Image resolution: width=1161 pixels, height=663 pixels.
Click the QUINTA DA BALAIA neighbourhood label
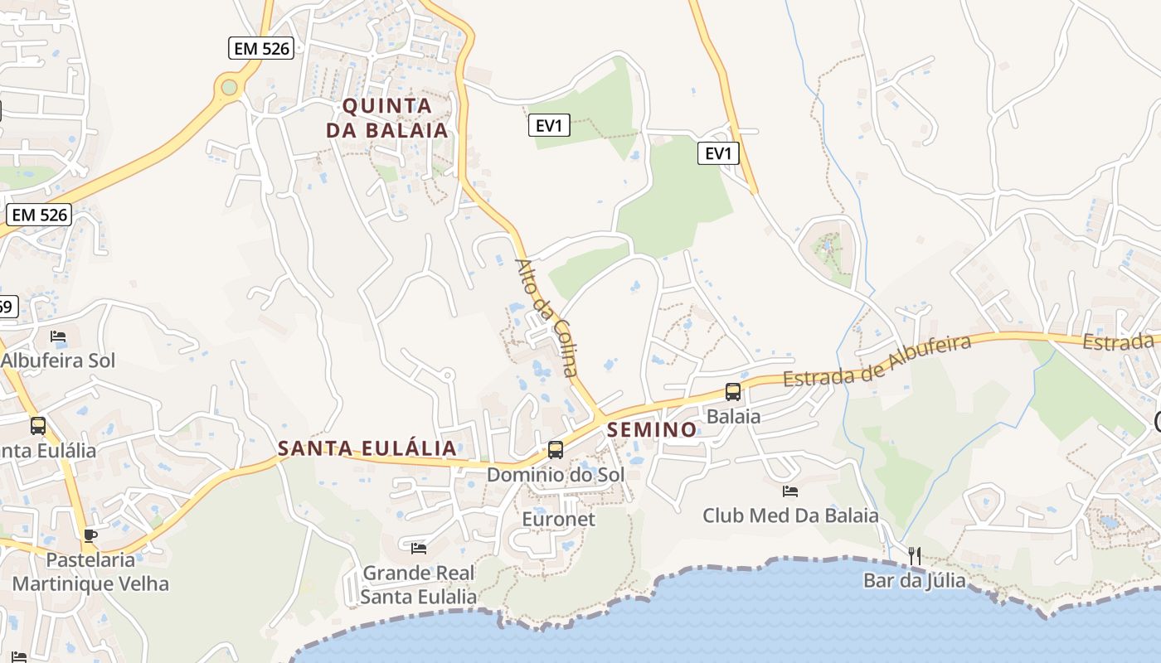(387, 118)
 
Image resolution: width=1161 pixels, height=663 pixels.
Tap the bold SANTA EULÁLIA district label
(367, 448)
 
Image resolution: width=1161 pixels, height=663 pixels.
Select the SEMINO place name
(652, 429)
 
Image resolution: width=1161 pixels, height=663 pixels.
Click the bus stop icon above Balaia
(733, 392)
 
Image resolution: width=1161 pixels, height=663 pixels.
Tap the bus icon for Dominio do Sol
(556, 450)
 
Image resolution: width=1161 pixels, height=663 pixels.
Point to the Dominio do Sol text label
(556, 475)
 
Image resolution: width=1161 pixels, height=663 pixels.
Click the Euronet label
(558, 519)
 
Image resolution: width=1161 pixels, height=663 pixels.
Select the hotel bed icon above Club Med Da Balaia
(790, 491)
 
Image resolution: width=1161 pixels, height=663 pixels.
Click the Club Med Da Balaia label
(790, 515)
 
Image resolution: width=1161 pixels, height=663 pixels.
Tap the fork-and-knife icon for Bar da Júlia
(915, 555)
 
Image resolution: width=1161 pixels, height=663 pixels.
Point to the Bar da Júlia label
(915, 580)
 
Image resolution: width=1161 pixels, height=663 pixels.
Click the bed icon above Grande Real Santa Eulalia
(419, 548)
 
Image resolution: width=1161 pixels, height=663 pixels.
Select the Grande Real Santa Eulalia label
(419, 584)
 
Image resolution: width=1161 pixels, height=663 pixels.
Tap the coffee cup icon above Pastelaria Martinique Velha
(90, 535)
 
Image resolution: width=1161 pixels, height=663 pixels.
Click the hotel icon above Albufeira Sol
(58, 336)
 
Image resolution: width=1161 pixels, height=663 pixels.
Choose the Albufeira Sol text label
(58, 361)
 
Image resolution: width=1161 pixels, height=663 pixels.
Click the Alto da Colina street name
(546, 317)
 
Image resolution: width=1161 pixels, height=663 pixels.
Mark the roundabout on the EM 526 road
(229, 87)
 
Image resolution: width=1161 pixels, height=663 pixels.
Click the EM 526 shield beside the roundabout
(261, 48)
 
